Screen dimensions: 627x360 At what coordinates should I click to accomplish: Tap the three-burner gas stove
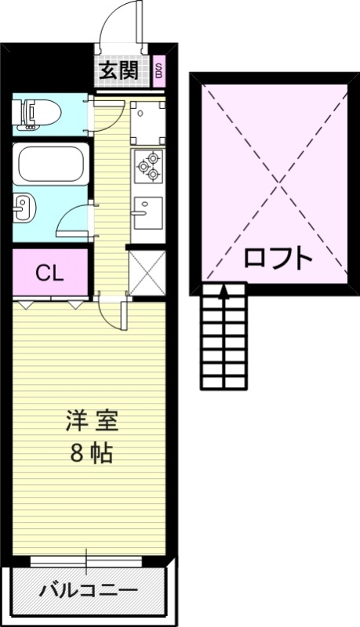tap(147, 164)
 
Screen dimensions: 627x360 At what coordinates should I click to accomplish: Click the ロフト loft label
tap(278, 258)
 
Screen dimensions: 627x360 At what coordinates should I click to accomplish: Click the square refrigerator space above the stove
tap(147, 120)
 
